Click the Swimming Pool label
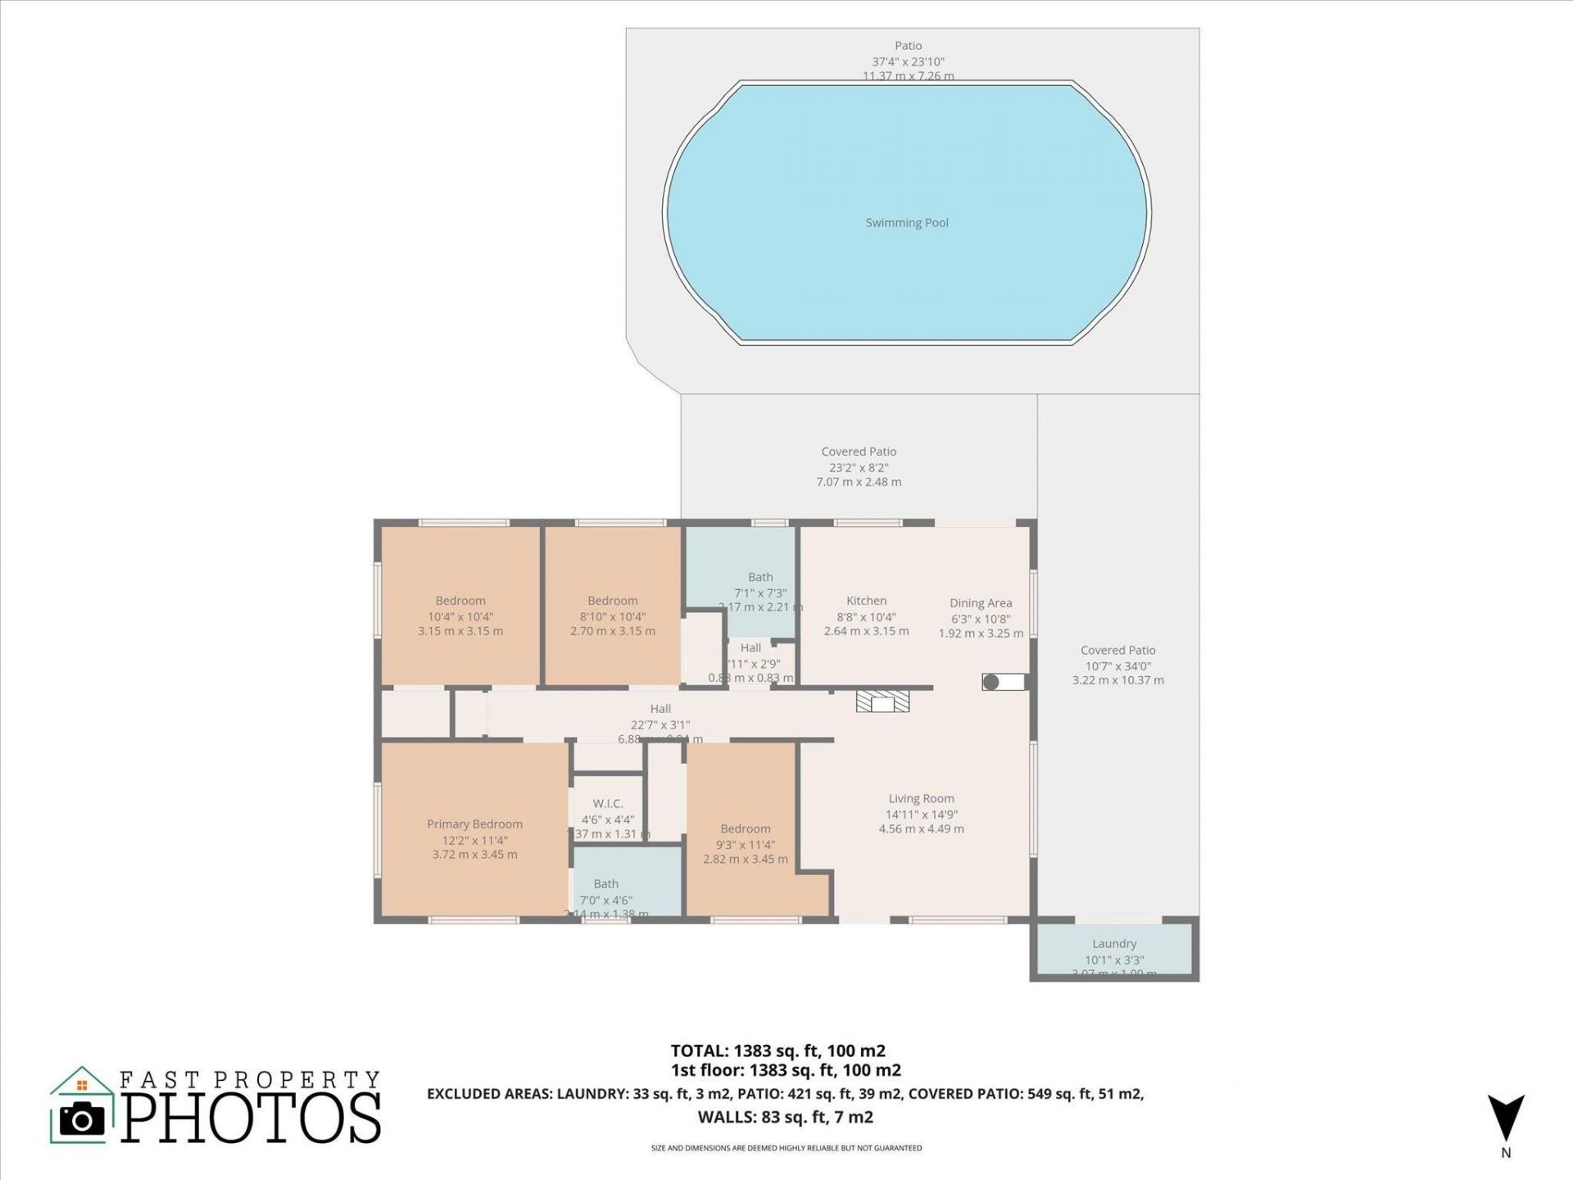(x=907, y=223)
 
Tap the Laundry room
(x=1114, y=951)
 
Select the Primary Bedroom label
(x=474, y=824)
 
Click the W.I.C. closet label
(x=607, y=804)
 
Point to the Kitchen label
(x=866, y=601)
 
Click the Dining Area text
(x=981, y=603)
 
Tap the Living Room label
(x=921, y=799)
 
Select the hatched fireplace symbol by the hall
(x=882, y=701)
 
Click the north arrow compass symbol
(x=1506, y=1119)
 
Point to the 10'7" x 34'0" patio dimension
(x=1117, y=666)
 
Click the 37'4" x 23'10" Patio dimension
(x=908, y=61)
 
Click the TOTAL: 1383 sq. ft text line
(x=777, y=1051)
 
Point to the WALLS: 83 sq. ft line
(x=785, y=1117)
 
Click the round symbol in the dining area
(x=991, y=682)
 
